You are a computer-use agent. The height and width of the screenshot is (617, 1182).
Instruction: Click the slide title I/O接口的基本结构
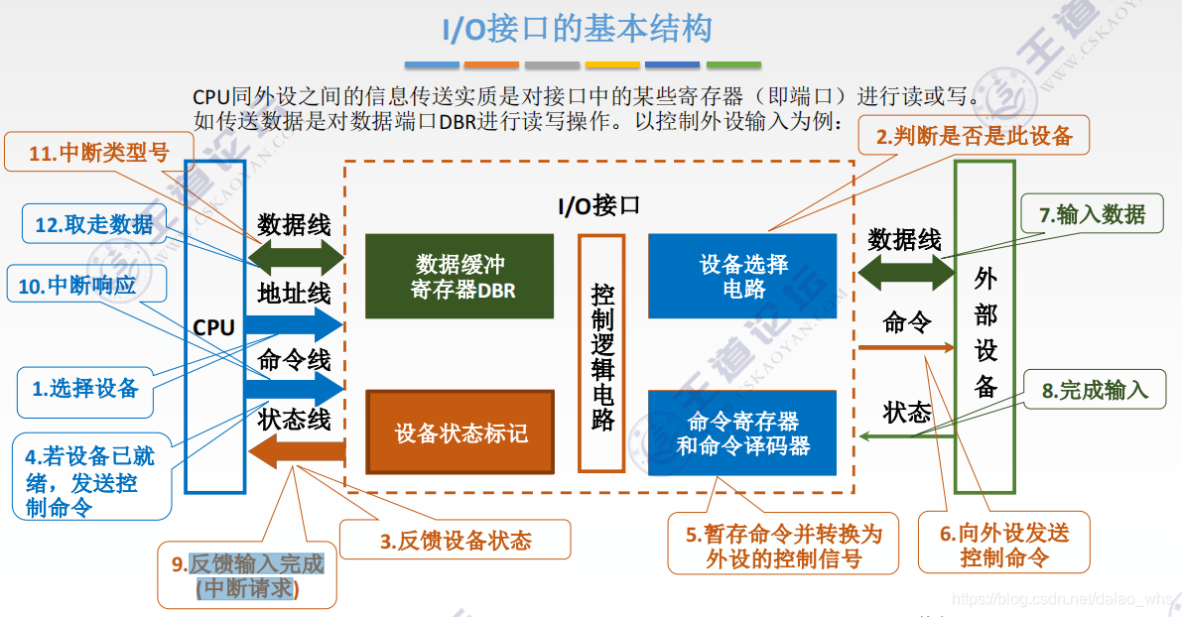(577, 29)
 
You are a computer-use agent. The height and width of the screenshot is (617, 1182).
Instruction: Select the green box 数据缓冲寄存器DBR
(460, 276)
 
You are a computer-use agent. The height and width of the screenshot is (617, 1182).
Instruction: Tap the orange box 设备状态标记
(460, 432)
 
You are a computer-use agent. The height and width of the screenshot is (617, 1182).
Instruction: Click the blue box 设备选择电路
(742, 276)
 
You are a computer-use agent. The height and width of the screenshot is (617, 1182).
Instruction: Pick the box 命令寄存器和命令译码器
(742, 433)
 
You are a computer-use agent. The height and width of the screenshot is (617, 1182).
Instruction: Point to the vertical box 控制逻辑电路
(601, 352)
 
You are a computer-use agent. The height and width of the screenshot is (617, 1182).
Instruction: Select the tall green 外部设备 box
(985, 327)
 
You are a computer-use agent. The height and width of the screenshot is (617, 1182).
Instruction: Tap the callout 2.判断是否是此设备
(974, 136)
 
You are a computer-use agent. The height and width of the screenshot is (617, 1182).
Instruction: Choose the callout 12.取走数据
(94, 224)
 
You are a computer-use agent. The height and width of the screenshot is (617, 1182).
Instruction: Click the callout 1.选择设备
(85, 389)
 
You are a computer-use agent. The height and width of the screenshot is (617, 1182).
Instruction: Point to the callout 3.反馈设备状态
(456, 541)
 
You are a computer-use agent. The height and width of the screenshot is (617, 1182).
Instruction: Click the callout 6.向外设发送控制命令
(1004, 545)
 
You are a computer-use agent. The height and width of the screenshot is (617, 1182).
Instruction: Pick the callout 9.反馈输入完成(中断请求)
(247, 576)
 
